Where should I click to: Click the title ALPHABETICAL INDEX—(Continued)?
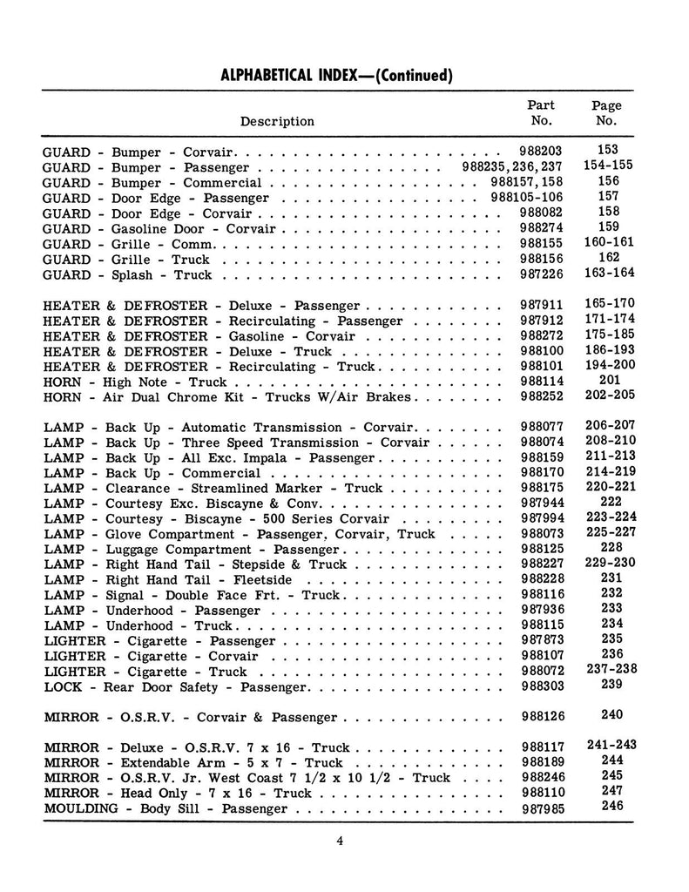[336, 75]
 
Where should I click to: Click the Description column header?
[277, 121]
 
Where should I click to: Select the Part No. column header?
[541, 113]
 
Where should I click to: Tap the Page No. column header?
[606, 113]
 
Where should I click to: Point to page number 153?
[608, 150]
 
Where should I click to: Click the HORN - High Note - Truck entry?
[134, 382]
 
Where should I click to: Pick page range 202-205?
[608, 395]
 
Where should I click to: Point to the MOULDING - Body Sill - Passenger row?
[165, 809]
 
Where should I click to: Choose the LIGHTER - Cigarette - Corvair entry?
[150, 657]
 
